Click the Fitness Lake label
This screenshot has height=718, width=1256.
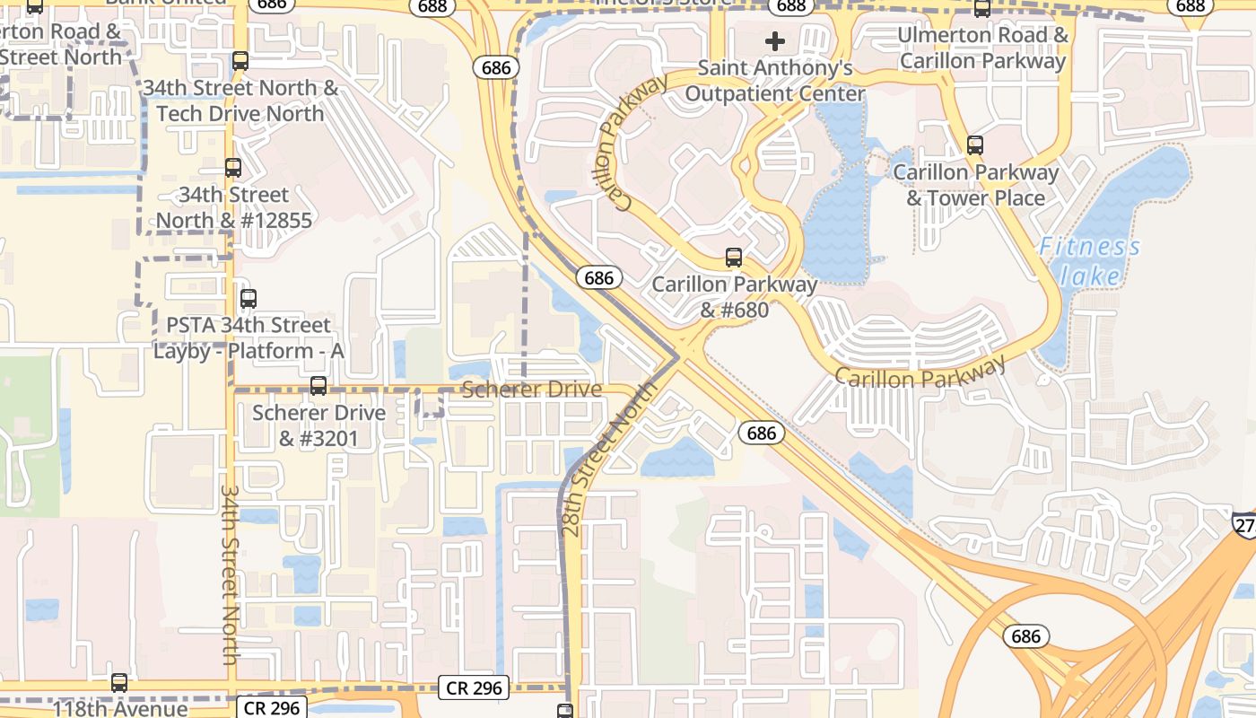1089,260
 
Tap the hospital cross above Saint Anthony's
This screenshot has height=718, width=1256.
775,41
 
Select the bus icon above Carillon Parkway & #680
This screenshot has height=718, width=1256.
734,258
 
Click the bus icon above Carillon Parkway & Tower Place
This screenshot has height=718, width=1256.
975,144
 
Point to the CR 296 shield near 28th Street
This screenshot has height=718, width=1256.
475,688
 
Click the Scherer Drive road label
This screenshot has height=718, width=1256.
531,390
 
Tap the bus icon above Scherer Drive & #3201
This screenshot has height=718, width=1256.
318,386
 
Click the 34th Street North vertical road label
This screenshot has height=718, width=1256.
230,574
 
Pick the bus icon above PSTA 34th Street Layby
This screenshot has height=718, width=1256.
249,298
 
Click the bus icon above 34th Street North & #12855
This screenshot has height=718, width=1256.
233,167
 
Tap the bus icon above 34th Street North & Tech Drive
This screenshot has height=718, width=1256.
240,60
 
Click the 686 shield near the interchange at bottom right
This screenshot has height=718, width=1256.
1025,636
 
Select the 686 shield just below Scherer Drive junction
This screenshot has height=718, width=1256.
762,433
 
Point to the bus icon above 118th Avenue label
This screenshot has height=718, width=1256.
119,682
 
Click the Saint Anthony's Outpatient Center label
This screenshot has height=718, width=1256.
775,81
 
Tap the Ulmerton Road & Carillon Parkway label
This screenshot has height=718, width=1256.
983,48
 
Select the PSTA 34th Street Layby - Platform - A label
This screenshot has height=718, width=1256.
249,337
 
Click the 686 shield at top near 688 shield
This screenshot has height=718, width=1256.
496,67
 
